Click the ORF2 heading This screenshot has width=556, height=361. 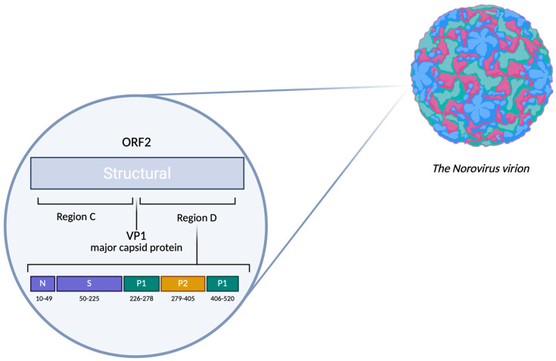coord(136,142)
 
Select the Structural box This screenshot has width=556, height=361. coord(137,173)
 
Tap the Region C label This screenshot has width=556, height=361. coord(76,216)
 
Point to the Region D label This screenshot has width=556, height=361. coord(197,218)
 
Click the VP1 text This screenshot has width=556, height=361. coord(136,236)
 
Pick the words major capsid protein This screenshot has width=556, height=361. coord(136,247)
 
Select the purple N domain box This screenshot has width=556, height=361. coord(42,283)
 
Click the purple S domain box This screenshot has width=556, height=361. coord(89,283)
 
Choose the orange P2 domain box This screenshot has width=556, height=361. coord(183,283)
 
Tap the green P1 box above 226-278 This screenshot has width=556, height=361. coord(141,283)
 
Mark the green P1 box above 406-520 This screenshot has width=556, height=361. coord(222,283)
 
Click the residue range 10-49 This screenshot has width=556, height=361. coord(44,299)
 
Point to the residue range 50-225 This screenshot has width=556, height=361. coord(89,299)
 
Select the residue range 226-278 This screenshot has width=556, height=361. coord(141,299)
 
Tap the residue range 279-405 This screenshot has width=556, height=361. coord(183,299)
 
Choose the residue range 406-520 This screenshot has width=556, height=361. coord(222,299)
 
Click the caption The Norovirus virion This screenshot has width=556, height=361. coord(481,169)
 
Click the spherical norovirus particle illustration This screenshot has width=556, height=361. coord(482,76)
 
